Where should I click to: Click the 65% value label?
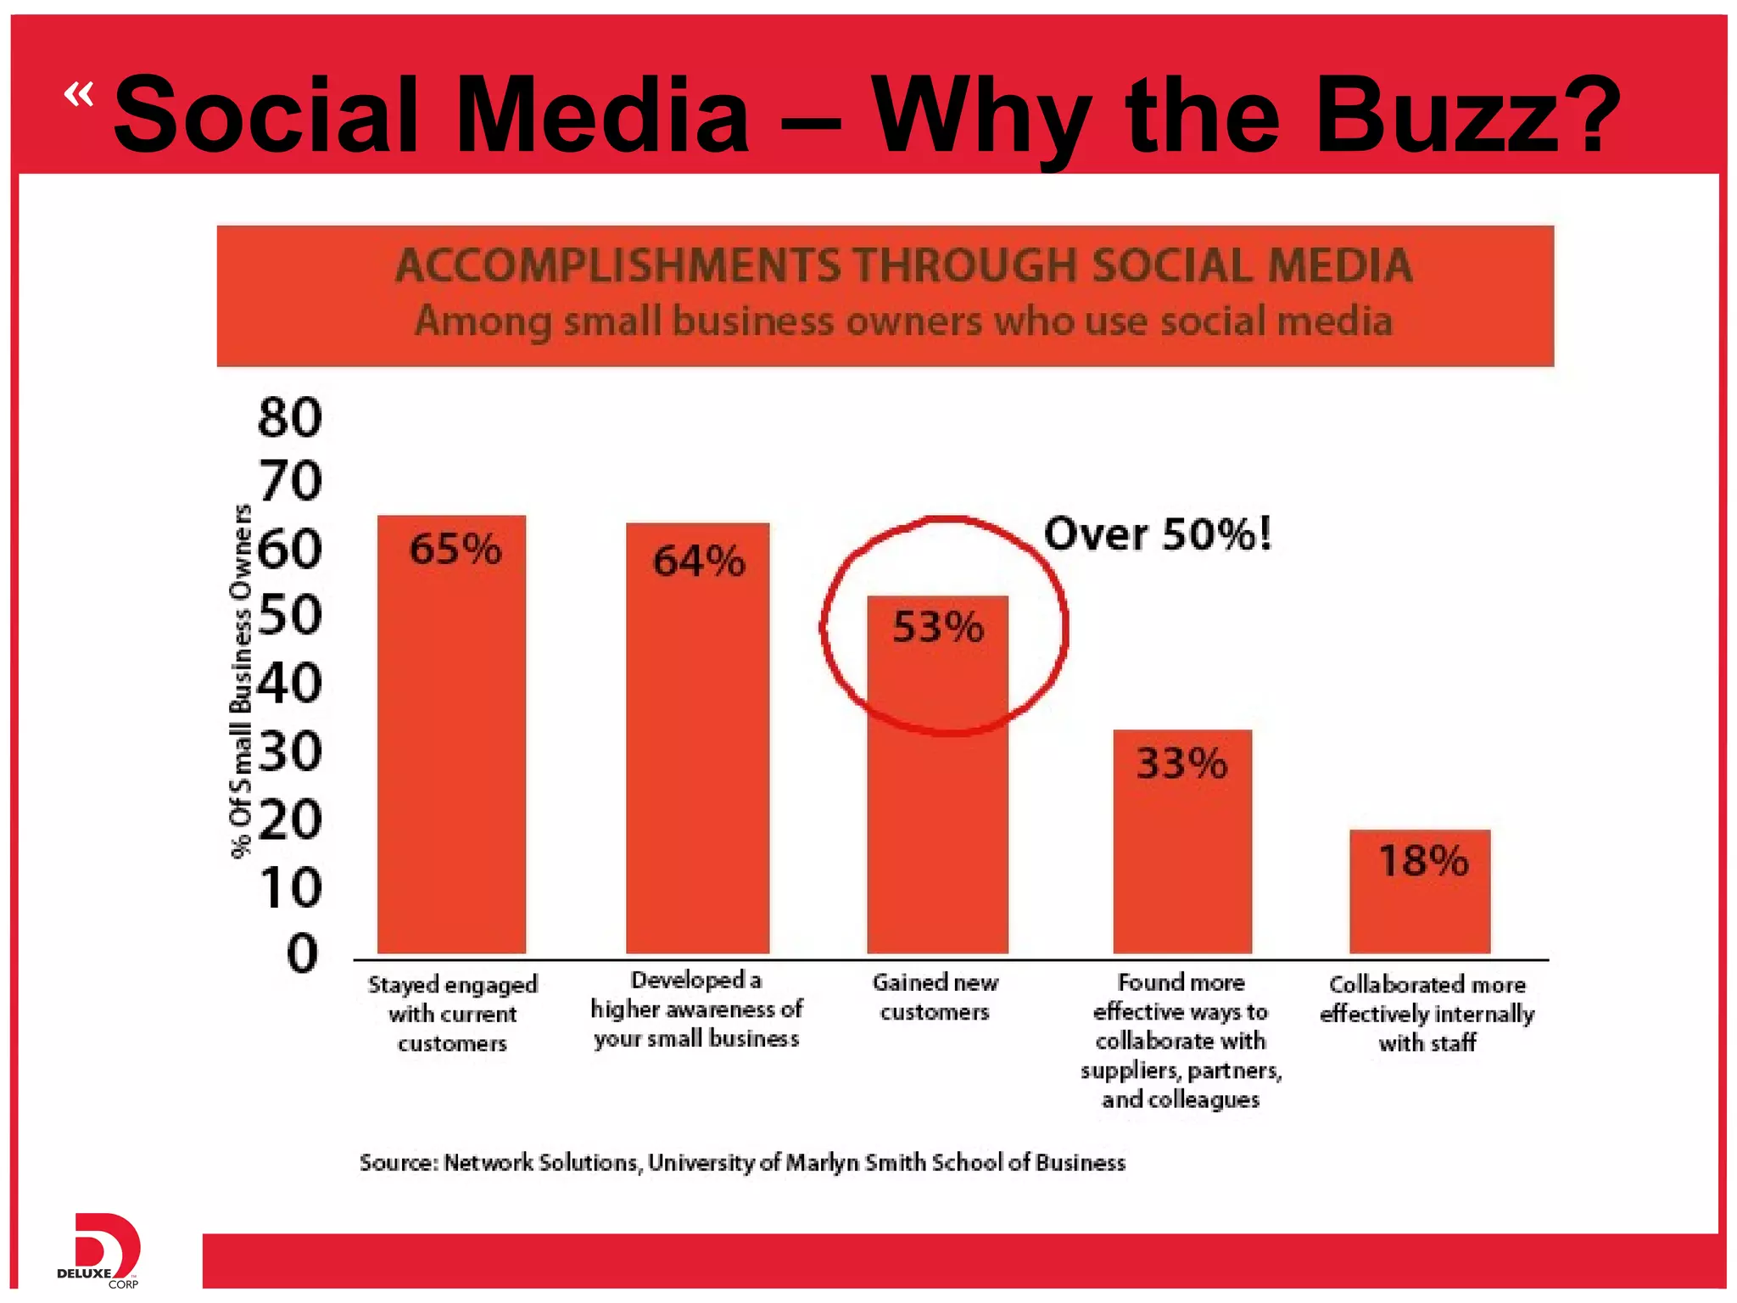tap(455, 549)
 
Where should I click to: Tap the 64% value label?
tap(699, 561)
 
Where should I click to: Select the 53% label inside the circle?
tap(938, 628)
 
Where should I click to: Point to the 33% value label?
tap(1181, 763)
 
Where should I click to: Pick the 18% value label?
tap(1423, 860)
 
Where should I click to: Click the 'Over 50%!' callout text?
tap(1158, 534)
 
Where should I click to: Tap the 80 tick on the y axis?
tap(290, 417)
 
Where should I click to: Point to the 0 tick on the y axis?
tap(302, 953)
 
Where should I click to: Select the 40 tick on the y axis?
tap(290, 683)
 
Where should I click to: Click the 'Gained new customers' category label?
tap(936, 997)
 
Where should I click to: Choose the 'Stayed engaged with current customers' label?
tap(452, 1014)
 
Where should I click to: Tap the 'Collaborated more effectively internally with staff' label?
tap(1427, 1014)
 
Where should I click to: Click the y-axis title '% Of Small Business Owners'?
tap(242, 680)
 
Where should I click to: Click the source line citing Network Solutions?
tap(742, 1162)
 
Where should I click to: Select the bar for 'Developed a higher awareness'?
tap(698, 763)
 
